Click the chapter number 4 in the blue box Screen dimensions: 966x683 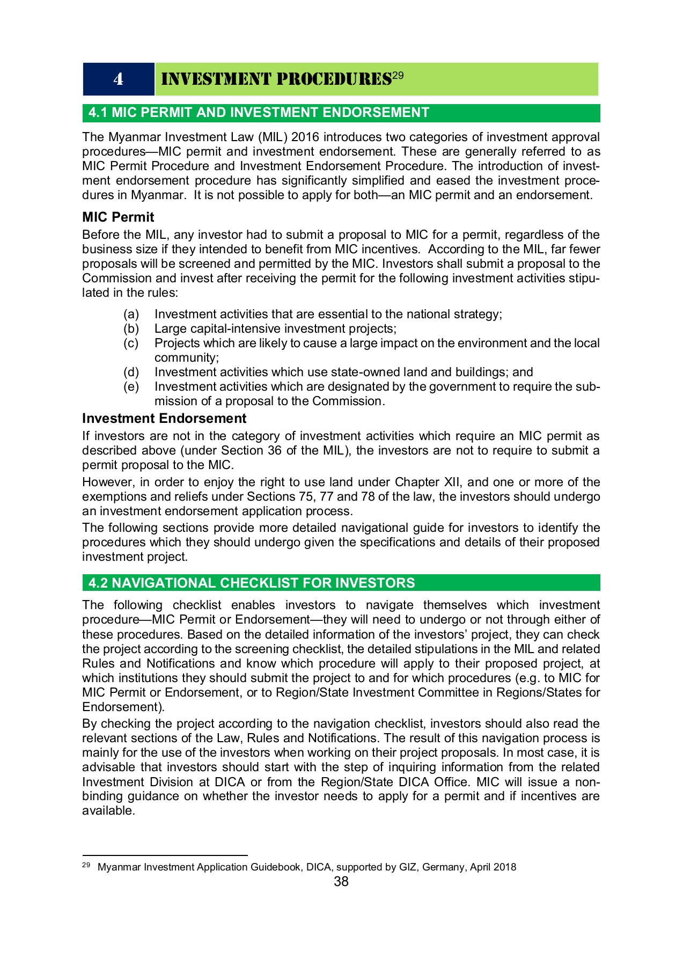pyautogui.click(x=118, y=79)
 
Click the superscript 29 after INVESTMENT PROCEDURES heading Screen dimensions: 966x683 pyautogui.click(x=398, y=76)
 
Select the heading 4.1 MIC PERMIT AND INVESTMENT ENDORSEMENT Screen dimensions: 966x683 pyautogui.click(x=259, y=113)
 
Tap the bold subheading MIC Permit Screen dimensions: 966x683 pyautogui.click(x=118, y=217)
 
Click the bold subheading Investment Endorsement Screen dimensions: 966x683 pyautogui.click(x=164, y=419)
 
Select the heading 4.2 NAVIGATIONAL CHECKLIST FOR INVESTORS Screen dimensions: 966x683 pyautogui.click(x=252, y=583)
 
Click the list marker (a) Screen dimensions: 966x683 pyautogui.click(x=131, y=314)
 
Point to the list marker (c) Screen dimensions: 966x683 pyautogui.click(x=131, y=343)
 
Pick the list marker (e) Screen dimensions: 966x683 pyautogui.click(x=131, y=386)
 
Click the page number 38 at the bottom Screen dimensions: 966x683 pyautogui.click(x=341, y=882)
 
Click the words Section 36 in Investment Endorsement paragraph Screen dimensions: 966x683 pyautogui.click(x=251, y=450)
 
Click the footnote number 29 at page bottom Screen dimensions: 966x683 pyautogui.click(x=86, y=866)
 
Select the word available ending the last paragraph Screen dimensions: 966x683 pyautogui.click(x=107, y=810)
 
